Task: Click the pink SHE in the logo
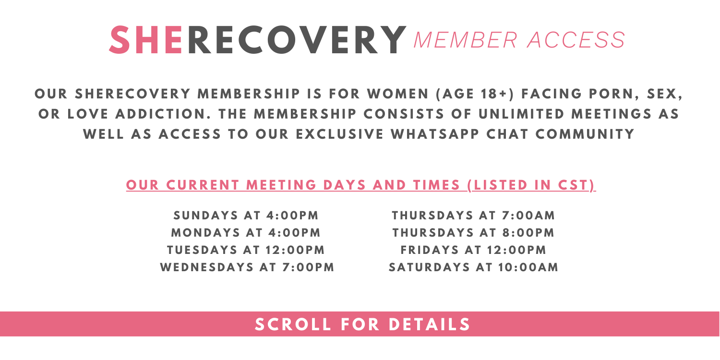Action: coord(146,40)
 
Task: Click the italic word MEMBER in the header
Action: coord(466,40)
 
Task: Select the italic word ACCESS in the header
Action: coord(576,40)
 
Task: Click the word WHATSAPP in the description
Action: coord(435,134)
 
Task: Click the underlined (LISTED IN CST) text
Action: coord(531,185)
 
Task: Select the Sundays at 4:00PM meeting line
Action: coord(246,216)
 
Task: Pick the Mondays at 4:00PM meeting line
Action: coord(246,233)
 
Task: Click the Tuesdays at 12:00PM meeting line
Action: coord(246,250)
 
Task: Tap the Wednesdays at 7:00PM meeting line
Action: coord(247,267)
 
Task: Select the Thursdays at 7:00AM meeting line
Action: coord(473,216)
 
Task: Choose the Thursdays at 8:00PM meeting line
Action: coord(473,233)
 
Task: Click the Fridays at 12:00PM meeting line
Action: coord(473,250)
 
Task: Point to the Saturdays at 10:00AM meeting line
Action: coord(473,267)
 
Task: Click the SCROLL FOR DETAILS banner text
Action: coord(362,324)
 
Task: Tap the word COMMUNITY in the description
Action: coord(585,134)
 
